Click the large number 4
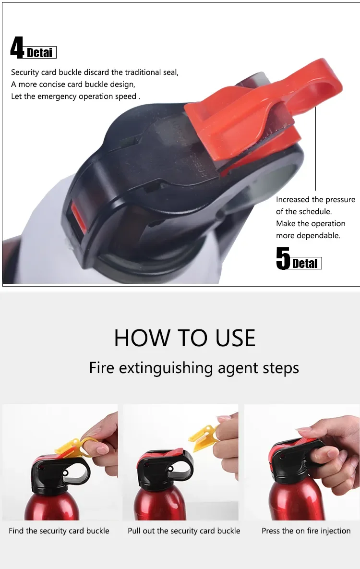(17, 48)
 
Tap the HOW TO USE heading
(185, 338)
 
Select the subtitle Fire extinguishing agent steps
(194, 368)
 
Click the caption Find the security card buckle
(59, 531)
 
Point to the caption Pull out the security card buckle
(184, 531)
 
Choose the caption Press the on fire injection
(306, 531)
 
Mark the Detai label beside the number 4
(40, 52)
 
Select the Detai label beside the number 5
(306, 264)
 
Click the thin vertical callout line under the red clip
(316, 149)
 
